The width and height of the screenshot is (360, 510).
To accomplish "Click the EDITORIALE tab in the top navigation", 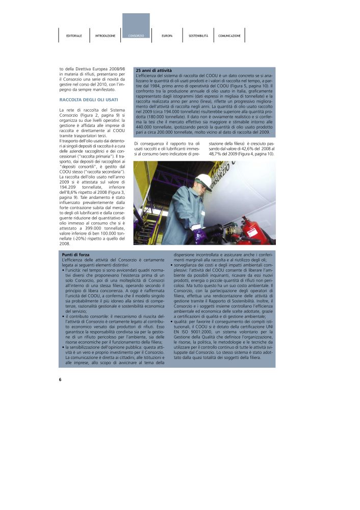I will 74,36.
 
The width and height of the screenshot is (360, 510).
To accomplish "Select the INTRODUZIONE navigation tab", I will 105,36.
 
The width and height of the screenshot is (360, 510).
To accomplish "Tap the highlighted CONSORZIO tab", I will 136,36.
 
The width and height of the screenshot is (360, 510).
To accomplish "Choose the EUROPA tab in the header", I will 167,36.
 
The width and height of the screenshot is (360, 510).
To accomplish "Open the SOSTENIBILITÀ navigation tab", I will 198,36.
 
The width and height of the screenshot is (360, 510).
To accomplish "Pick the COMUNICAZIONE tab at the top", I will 229,36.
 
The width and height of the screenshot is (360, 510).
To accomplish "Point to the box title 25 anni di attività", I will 153,70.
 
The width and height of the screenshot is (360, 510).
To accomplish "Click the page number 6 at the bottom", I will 60,379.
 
